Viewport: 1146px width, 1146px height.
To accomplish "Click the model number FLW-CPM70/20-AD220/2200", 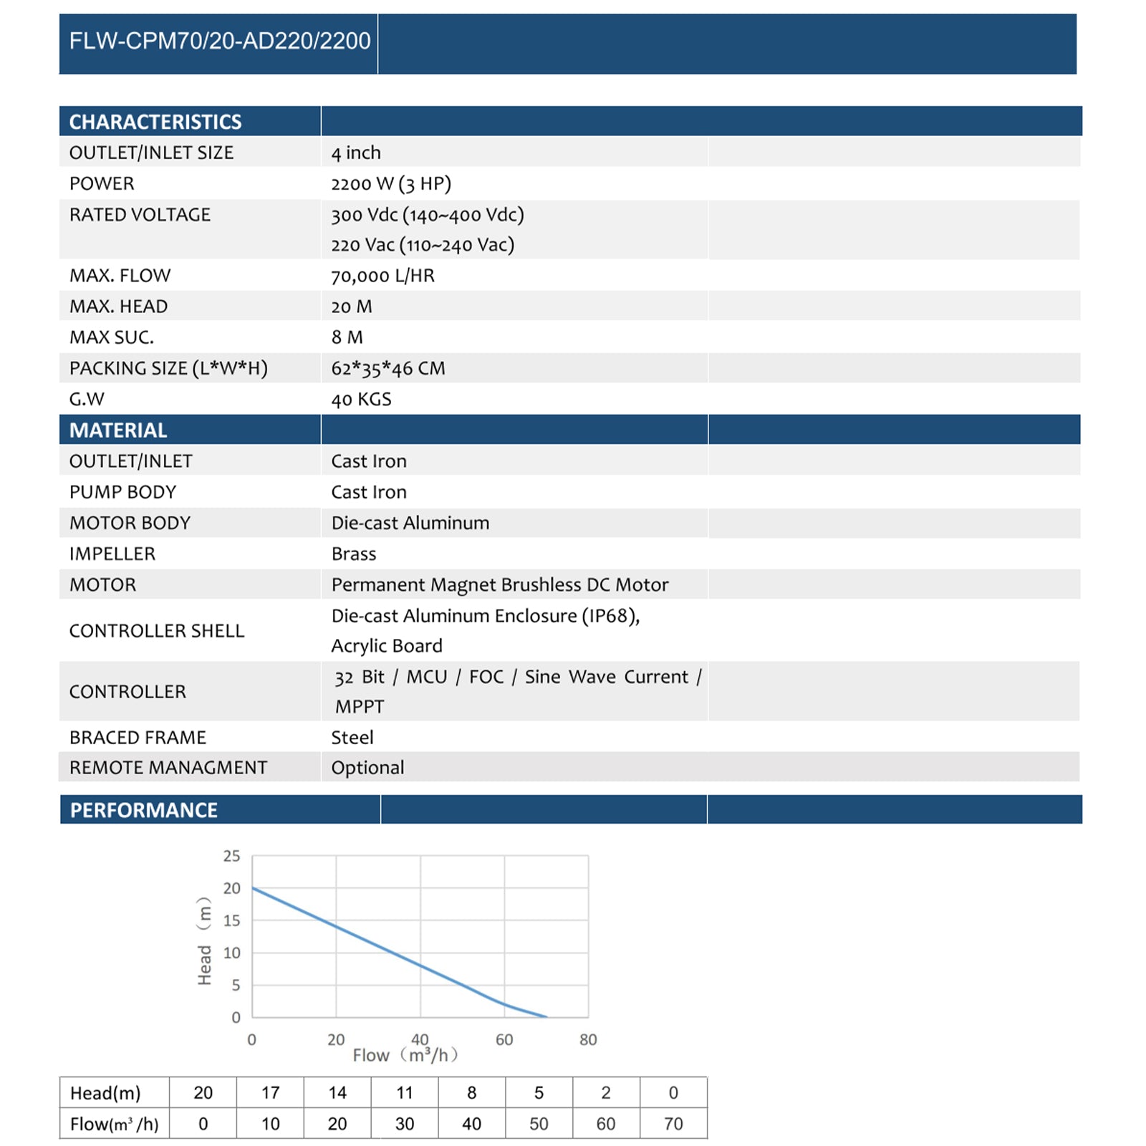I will coord(219,41).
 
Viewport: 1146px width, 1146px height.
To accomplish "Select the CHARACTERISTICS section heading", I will coord(155,122).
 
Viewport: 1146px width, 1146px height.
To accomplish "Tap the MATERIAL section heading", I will coord(118,430).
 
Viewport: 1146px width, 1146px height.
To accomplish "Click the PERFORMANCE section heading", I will coord(143,810).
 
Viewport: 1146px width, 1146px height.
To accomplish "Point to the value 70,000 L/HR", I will coord(382,276).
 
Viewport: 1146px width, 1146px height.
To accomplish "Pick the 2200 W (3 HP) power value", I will coord(391,184).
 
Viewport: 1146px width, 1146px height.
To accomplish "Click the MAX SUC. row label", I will coord(112,337).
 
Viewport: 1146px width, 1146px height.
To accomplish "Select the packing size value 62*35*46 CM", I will coord(387,368).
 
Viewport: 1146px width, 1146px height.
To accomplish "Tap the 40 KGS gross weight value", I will coord(361,399).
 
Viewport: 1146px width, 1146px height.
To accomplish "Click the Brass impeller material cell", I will coord(354,554).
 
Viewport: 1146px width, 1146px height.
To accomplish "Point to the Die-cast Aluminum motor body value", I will coord(410,523).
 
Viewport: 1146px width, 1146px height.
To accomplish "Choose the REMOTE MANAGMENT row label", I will coord(168,768).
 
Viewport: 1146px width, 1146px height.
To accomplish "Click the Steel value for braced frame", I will coord(352,737).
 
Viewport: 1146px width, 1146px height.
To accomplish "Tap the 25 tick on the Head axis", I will coord(232,856).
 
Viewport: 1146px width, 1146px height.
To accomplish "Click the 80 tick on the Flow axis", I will coord(588,1039).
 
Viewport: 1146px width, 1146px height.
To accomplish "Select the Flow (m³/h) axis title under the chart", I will coord(405,1055).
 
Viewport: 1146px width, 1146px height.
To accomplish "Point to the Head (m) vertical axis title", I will coord(205,941).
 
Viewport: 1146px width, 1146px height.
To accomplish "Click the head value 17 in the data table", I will coord(270,1093).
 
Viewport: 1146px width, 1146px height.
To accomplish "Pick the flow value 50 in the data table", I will coord(539,1124).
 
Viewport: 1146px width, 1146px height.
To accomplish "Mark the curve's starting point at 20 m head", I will coord(253,888).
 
